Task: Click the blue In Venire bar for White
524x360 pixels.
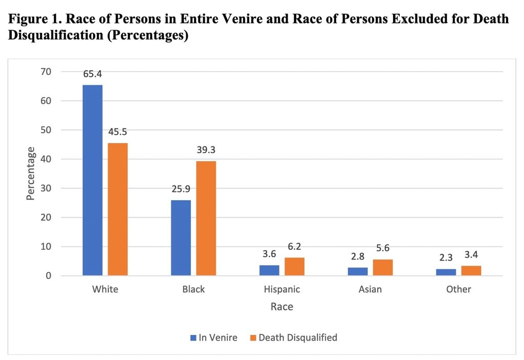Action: coord(92,180)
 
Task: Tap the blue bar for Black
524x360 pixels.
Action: coord(181,238)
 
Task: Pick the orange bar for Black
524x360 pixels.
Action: coord(206,218)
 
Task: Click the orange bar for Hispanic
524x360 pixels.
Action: coord(294,266)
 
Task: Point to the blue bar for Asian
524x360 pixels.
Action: coord(357,271)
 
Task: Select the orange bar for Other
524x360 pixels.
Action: coord(471,270)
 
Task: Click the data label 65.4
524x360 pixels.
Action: coord(92,74)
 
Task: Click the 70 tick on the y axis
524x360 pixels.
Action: coord(46,72)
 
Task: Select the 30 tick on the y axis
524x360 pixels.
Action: coord(46,188)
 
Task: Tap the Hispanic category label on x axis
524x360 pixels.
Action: coord(282,289)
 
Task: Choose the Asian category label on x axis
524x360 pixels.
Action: coord(370,289)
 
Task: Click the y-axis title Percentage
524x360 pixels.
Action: coord(31,173)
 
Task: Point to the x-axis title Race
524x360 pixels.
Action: coord(282,307)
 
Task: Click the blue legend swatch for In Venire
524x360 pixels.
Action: coord(193,337)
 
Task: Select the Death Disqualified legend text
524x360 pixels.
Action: coord(298,337)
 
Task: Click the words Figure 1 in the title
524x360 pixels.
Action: coord(33,19)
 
